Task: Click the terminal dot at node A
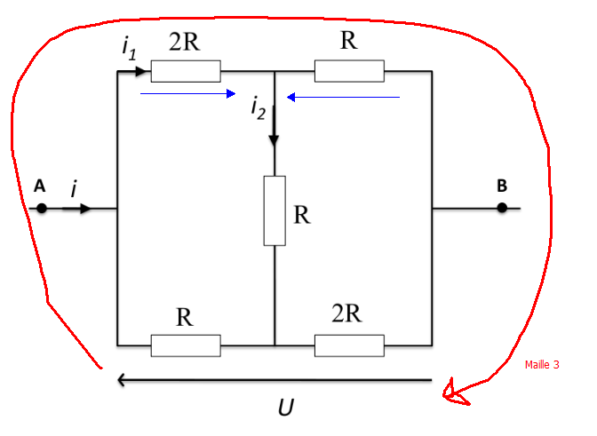coord(41,209)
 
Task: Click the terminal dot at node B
coord(502,208)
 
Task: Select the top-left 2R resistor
coord(186,71)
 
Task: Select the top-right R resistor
coord(349,71)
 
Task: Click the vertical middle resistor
coord(275,210)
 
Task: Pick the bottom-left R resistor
coord(186,345)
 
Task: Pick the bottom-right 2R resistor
coord(349,345)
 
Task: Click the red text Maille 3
coord(542,364)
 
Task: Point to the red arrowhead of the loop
coord(454,392)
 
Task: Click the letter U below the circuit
coord(285,408)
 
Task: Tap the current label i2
coord(258,108)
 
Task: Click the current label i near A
coord(74,187)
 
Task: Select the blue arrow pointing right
coord(187,93)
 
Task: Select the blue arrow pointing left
coord(343,97)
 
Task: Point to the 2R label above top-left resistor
coord(184,43)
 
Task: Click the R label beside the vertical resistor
coord(302,215)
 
